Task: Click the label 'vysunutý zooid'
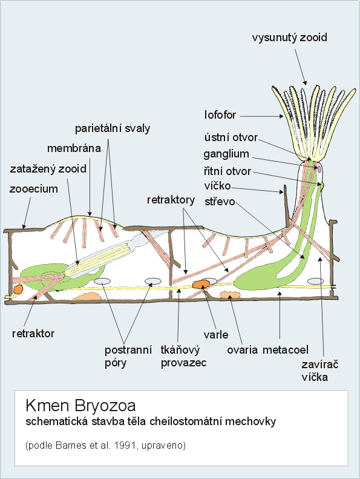[289, 38]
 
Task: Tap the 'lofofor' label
[220, 115]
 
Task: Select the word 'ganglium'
[226, 154]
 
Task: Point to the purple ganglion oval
[319, 168]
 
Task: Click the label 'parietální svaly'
[113, 128]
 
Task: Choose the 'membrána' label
[74, 148]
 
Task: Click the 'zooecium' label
[34, 189]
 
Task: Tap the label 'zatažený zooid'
[48, 168]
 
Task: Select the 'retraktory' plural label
[171, 200]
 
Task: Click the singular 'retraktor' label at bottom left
[33, 333]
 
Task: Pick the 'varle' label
[216, 334]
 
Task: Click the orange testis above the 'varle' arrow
[201, 284]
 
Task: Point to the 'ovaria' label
[242, 350]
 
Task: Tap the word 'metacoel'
[286, 350]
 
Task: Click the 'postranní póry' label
[128, 356]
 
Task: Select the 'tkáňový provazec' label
[183, 356]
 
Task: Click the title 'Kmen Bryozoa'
[80, 406]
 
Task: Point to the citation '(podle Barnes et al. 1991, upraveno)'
[106, 446]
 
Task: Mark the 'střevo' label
[220, 202]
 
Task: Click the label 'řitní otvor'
[227, 171]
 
